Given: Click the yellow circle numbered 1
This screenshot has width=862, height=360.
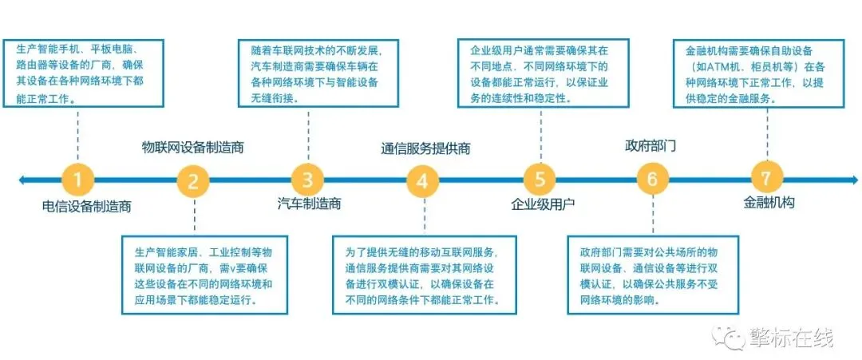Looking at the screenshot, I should [77, 179].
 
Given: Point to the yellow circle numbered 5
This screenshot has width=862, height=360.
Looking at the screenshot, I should [539, 179].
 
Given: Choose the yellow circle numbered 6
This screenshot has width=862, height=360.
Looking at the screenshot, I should [653, 179].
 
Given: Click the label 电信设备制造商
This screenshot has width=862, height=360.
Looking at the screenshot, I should [87, 206].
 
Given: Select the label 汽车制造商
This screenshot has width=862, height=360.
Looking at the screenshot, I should [310, 204].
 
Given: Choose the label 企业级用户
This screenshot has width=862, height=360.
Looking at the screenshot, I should [543, 204].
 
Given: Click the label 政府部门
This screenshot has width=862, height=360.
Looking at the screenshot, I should [650, 146].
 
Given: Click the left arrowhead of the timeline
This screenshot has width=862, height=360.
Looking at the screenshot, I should [23, 180].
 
